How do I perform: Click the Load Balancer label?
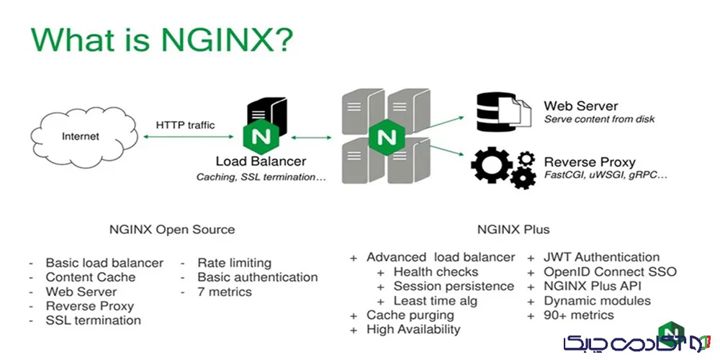click(261, 161)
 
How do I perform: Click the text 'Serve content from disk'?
click(599, 119)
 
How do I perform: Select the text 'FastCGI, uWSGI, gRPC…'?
click(606, 175)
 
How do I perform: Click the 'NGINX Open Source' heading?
click(172, 230)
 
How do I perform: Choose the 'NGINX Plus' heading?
click(513, 230)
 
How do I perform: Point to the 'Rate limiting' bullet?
click(234, 263)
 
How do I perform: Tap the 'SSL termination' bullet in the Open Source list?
click(94, 320)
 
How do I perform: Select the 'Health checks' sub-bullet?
click(436, 271)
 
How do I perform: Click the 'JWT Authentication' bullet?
click(602, 257)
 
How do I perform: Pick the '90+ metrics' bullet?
click(579, 315)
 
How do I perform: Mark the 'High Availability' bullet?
click(413, 329)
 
